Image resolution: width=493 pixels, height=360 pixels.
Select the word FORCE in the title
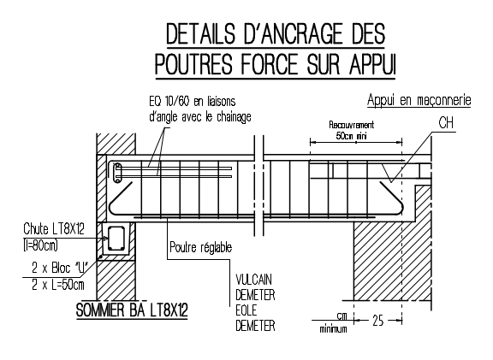click(x=269, y=64)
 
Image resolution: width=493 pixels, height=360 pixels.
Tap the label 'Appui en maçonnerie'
click(x=419, y=100)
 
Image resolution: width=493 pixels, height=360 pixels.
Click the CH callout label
click(x=446, y=122)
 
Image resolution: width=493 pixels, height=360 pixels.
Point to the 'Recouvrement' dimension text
click(x=352, y=125)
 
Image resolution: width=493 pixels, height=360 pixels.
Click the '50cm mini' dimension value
click(x=351, y=136)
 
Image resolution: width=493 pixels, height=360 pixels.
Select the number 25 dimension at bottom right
click(x=378, y=321)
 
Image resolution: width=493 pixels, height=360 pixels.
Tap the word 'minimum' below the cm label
click(x=333, y=329)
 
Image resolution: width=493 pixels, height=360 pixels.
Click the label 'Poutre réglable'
click(x=200, y=247)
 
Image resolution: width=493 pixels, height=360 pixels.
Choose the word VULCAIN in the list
click(x=253, y=280)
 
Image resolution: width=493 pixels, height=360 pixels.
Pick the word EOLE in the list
click(x=246, y=310)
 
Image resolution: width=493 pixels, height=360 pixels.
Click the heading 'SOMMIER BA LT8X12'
click(x=132, y=310)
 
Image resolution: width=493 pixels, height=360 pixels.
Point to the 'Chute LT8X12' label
click(x=54, y=229)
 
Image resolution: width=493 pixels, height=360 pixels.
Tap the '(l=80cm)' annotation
click(x=40, y=245)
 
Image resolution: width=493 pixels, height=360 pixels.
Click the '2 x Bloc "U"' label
click(x=59, y=268)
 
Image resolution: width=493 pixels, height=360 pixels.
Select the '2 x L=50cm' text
click(x=58, y=285)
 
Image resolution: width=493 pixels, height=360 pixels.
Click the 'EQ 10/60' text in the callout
click(x=169, y=102)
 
